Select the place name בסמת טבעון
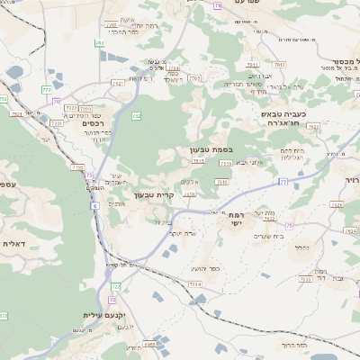tap(212, 149)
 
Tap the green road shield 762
tap(137, 116)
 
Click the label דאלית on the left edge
tap(13, 244)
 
